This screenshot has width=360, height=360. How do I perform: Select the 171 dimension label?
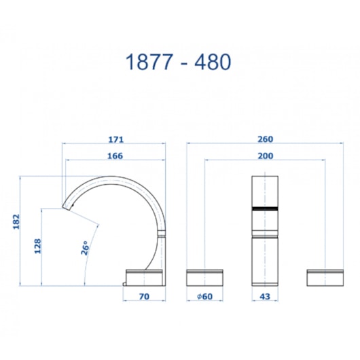pyautogui.click(x=115, y=139)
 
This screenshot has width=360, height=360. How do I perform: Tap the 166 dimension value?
pyautogui.click(x=115, y=156)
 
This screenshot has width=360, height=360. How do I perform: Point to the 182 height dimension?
pyautogui.click(x=16, y=222)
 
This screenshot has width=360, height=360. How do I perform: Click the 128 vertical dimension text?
pyautogui.click(x=38, y=245)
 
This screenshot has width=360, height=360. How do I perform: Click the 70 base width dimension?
pyautogui.click(x=143, y=296)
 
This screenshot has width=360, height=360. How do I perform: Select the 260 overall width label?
pyautogui.click(x=265, y=139)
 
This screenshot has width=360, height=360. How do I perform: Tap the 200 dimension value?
pyautogui.click(x=265, y=156)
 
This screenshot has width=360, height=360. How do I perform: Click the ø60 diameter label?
pyautogui.click(x=206, y=296)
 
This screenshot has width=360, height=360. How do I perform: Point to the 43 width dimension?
pyautogui.click(x=265, y=296)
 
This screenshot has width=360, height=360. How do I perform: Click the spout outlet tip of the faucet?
pyautogui.click(x=68, y=204)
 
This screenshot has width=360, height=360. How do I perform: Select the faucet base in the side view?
pyautogui.click(x=145, y=276)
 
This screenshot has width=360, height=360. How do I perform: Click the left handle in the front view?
pyautogui.click(x=206, y=276)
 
